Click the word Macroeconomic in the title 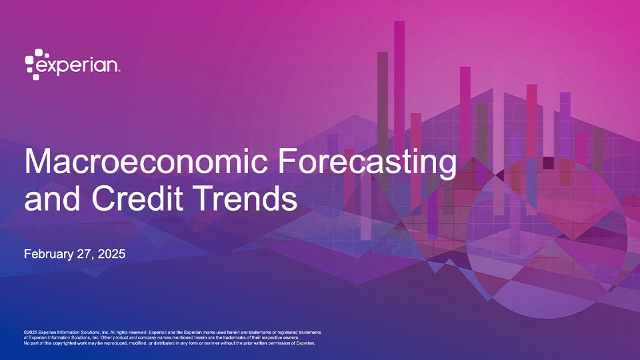146,161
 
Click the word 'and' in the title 52,198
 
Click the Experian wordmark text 77,66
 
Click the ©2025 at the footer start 31,333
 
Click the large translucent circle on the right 547,237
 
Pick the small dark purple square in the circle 548,163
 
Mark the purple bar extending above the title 333,141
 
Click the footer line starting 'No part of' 169,343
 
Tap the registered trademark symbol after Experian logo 119,71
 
